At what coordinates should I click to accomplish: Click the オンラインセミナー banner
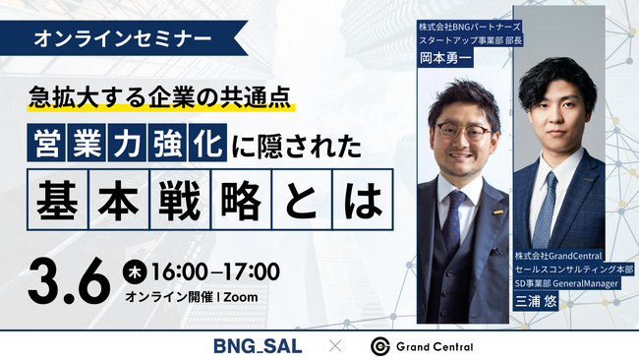(120, 39)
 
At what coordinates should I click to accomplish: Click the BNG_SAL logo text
(257, 345)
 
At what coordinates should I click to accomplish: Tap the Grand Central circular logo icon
(381, 345)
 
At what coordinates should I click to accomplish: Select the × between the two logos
(335, 345)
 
